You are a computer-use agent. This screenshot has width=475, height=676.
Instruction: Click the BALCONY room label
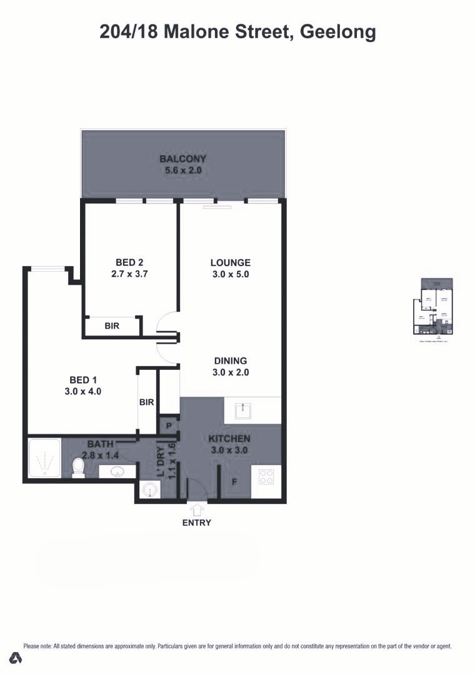tap(182, 158)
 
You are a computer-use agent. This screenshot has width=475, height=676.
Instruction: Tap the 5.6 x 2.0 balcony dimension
tap(182, 170)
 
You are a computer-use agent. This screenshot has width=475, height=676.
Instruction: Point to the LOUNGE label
tap(230, 263)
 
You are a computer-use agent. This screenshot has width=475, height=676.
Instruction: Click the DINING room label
tap(231, 361)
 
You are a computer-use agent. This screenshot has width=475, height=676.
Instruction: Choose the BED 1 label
tap(82, 380)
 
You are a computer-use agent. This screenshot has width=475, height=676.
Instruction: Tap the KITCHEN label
tap(229, 439)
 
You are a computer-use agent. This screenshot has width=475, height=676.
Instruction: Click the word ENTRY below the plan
tap(197, 523)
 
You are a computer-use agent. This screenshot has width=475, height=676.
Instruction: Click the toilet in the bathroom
tap(78, 468)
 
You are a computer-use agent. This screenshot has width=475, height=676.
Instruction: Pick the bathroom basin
tap(116, 471)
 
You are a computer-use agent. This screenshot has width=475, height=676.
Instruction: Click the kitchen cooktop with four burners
tap(266, 477)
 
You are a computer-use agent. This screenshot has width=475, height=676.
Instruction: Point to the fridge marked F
tap(234, 483)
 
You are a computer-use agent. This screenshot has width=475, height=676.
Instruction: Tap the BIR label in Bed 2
tap(112, 326)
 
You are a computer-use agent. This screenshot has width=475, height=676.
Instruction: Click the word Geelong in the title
tap(338, 31)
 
